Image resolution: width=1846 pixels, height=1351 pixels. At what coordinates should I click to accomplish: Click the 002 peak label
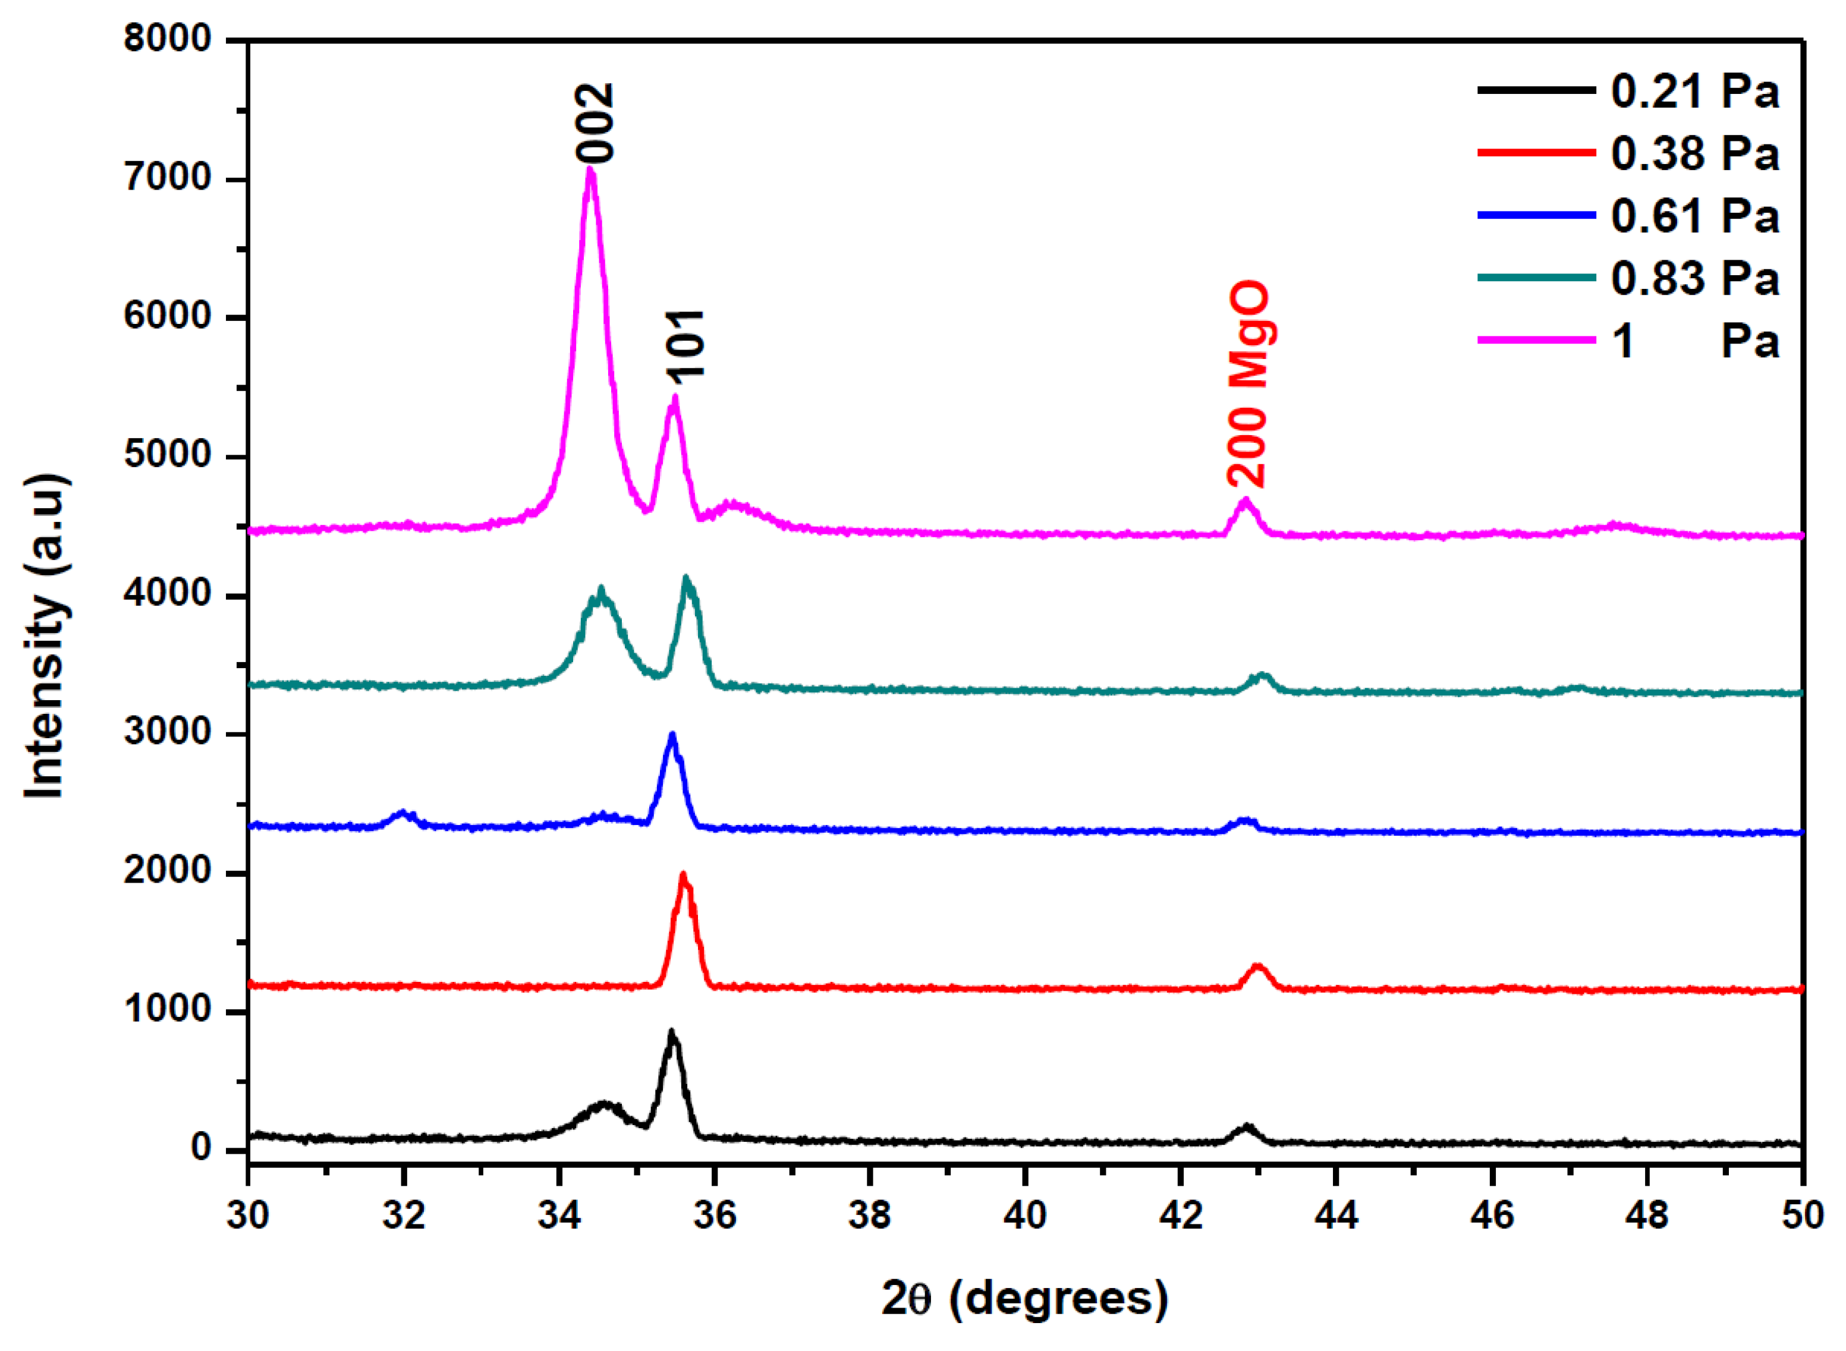point(595,122)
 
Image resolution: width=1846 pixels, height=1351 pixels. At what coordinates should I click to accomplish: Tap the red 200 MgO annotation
point(1248,385)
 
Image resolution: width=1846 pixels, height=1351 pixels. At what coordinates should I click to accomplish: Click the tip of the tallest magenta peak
point(590,169)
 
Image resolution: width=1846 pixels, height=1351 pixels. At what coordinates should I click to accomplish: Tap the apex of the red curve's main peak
point(684,875)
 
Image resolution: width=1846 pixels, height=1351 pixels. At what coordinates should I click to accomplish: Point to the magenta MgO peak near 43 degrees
point(1246,500)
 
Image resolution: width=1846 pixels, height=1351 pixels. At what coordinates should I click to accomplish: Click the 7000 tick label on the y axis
point(168,178)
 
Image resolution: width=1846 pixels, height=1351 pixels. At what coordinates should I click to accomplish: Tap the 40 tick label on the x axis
point(1025,1216)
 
